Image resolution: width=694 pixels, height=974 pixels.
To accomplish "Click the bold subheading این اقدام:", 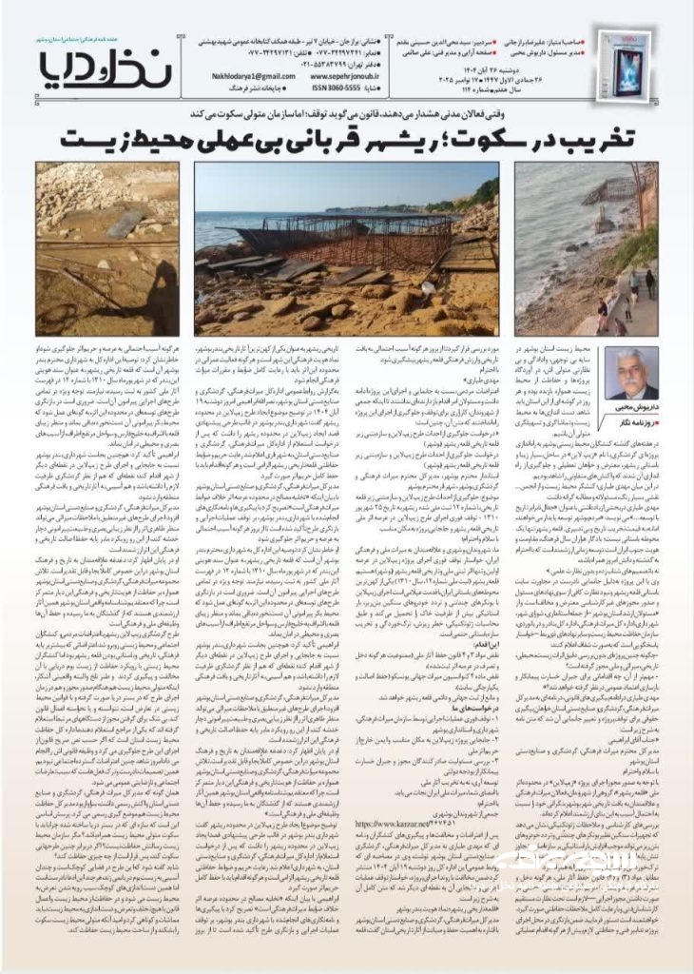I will tap(465, 616).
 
